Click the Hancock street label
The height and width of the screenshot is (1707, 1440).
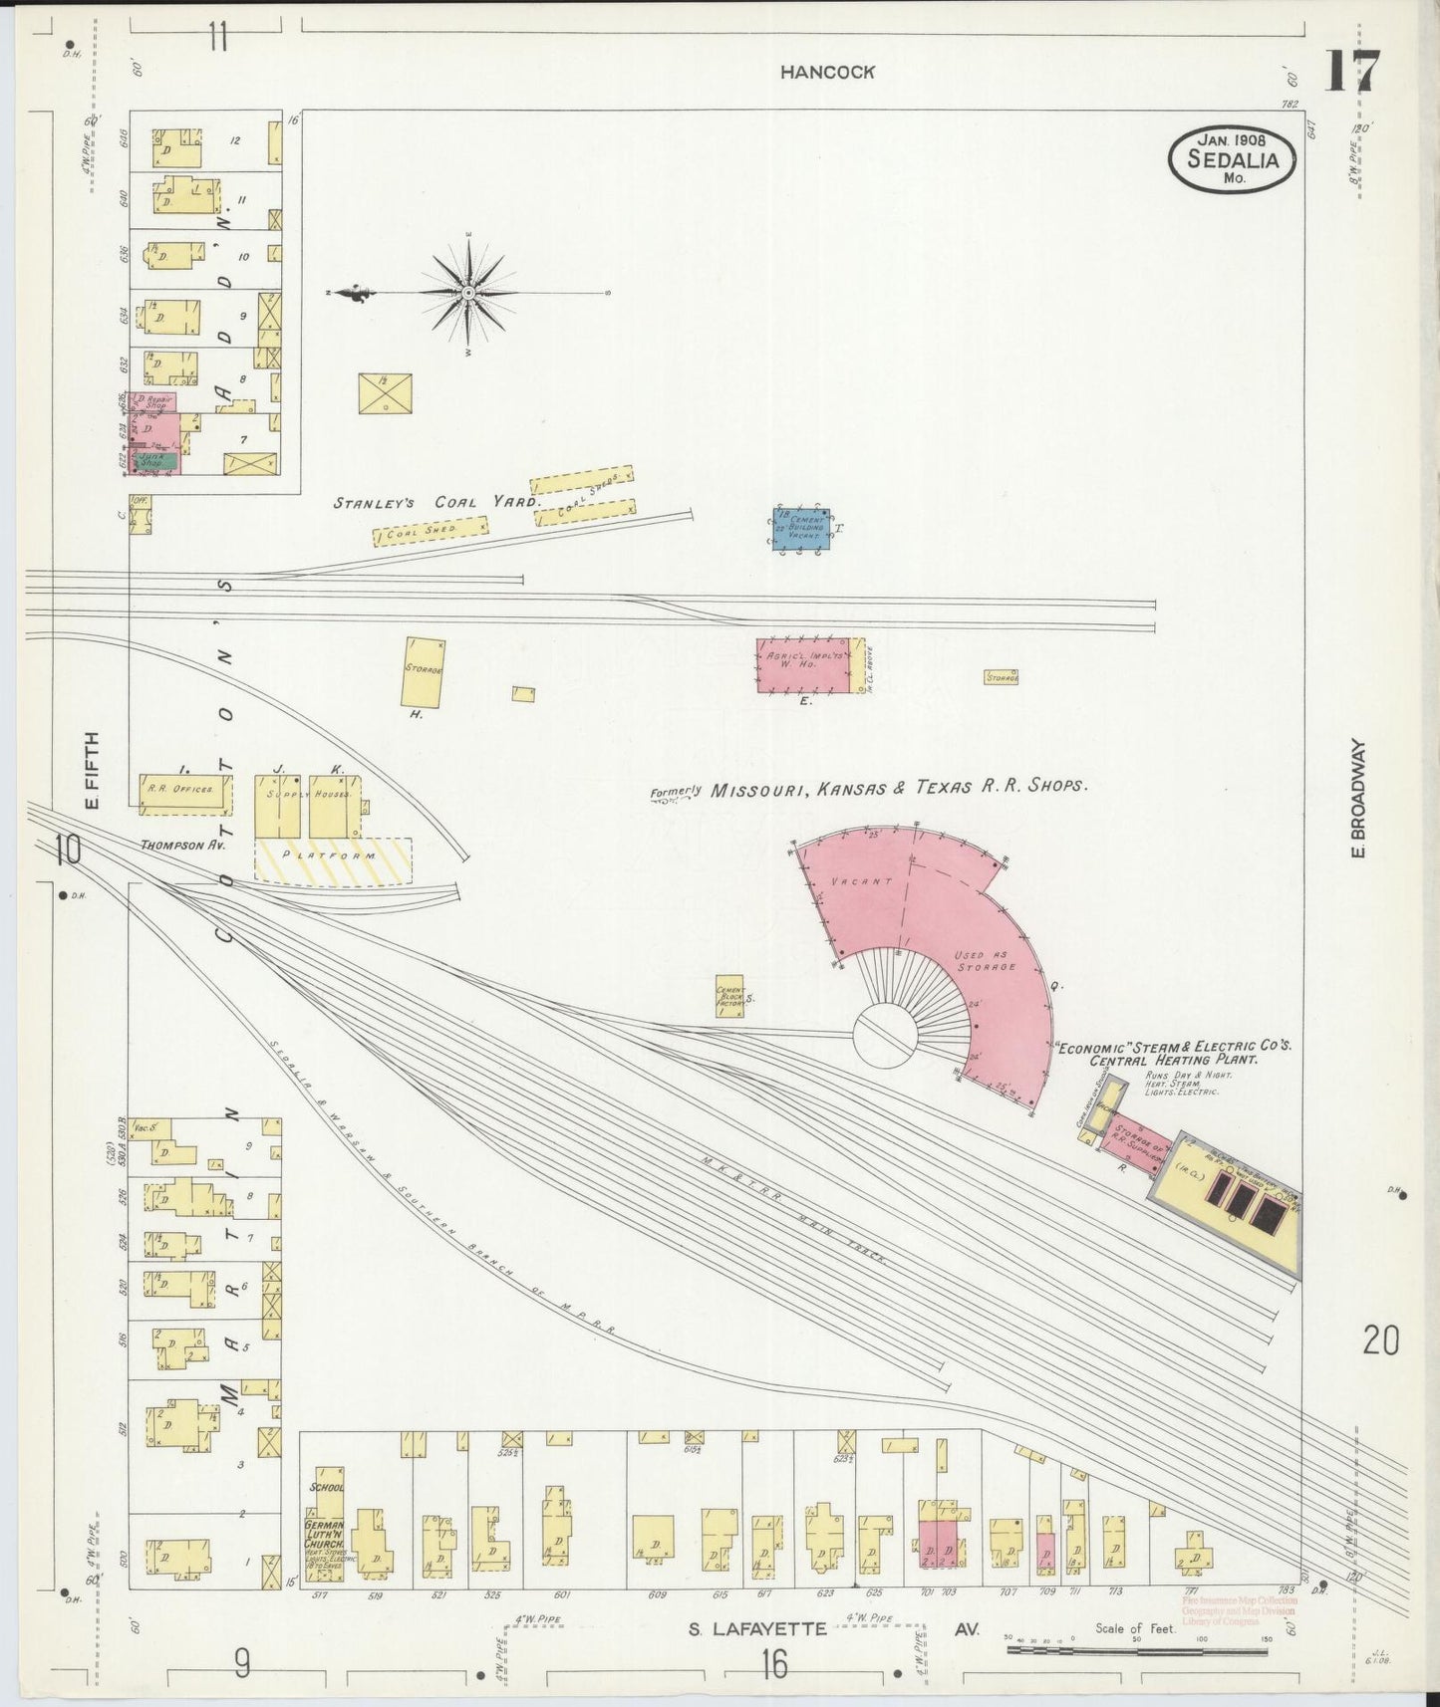[x=827, y=72]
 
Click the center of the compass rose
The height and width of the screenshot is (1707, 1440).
[x=467, y=293]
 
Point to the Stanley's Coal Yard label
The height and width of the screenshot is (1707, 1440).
[x=435, y=503]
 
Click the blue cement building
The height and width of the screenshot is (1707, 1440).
[x=801, y=529]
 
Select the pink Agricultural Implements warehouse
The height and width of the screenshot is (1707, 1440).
[x=809, y=665]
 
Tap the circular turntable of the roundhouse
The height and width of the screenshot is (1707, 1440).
[x=885, y=1036]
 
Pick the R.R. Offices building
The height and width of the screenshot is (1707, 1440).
[x=184, y=790]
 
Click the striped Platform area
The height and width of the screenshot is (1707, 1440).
[x=333, y=858]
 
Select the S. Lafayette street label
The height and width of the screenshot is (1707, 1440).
[x=757, y=1630]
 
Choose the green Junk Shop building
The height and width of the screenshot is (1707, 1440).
[x=157, y=461]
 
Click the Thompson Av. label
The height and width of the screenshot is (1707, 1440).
[x=183, y=845]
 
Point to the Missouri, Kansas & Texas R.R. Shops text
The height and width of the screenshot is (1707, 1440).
[x=897, y=788]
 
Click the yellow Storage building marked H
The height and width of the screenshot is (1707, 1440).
[x=424, y=671]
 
